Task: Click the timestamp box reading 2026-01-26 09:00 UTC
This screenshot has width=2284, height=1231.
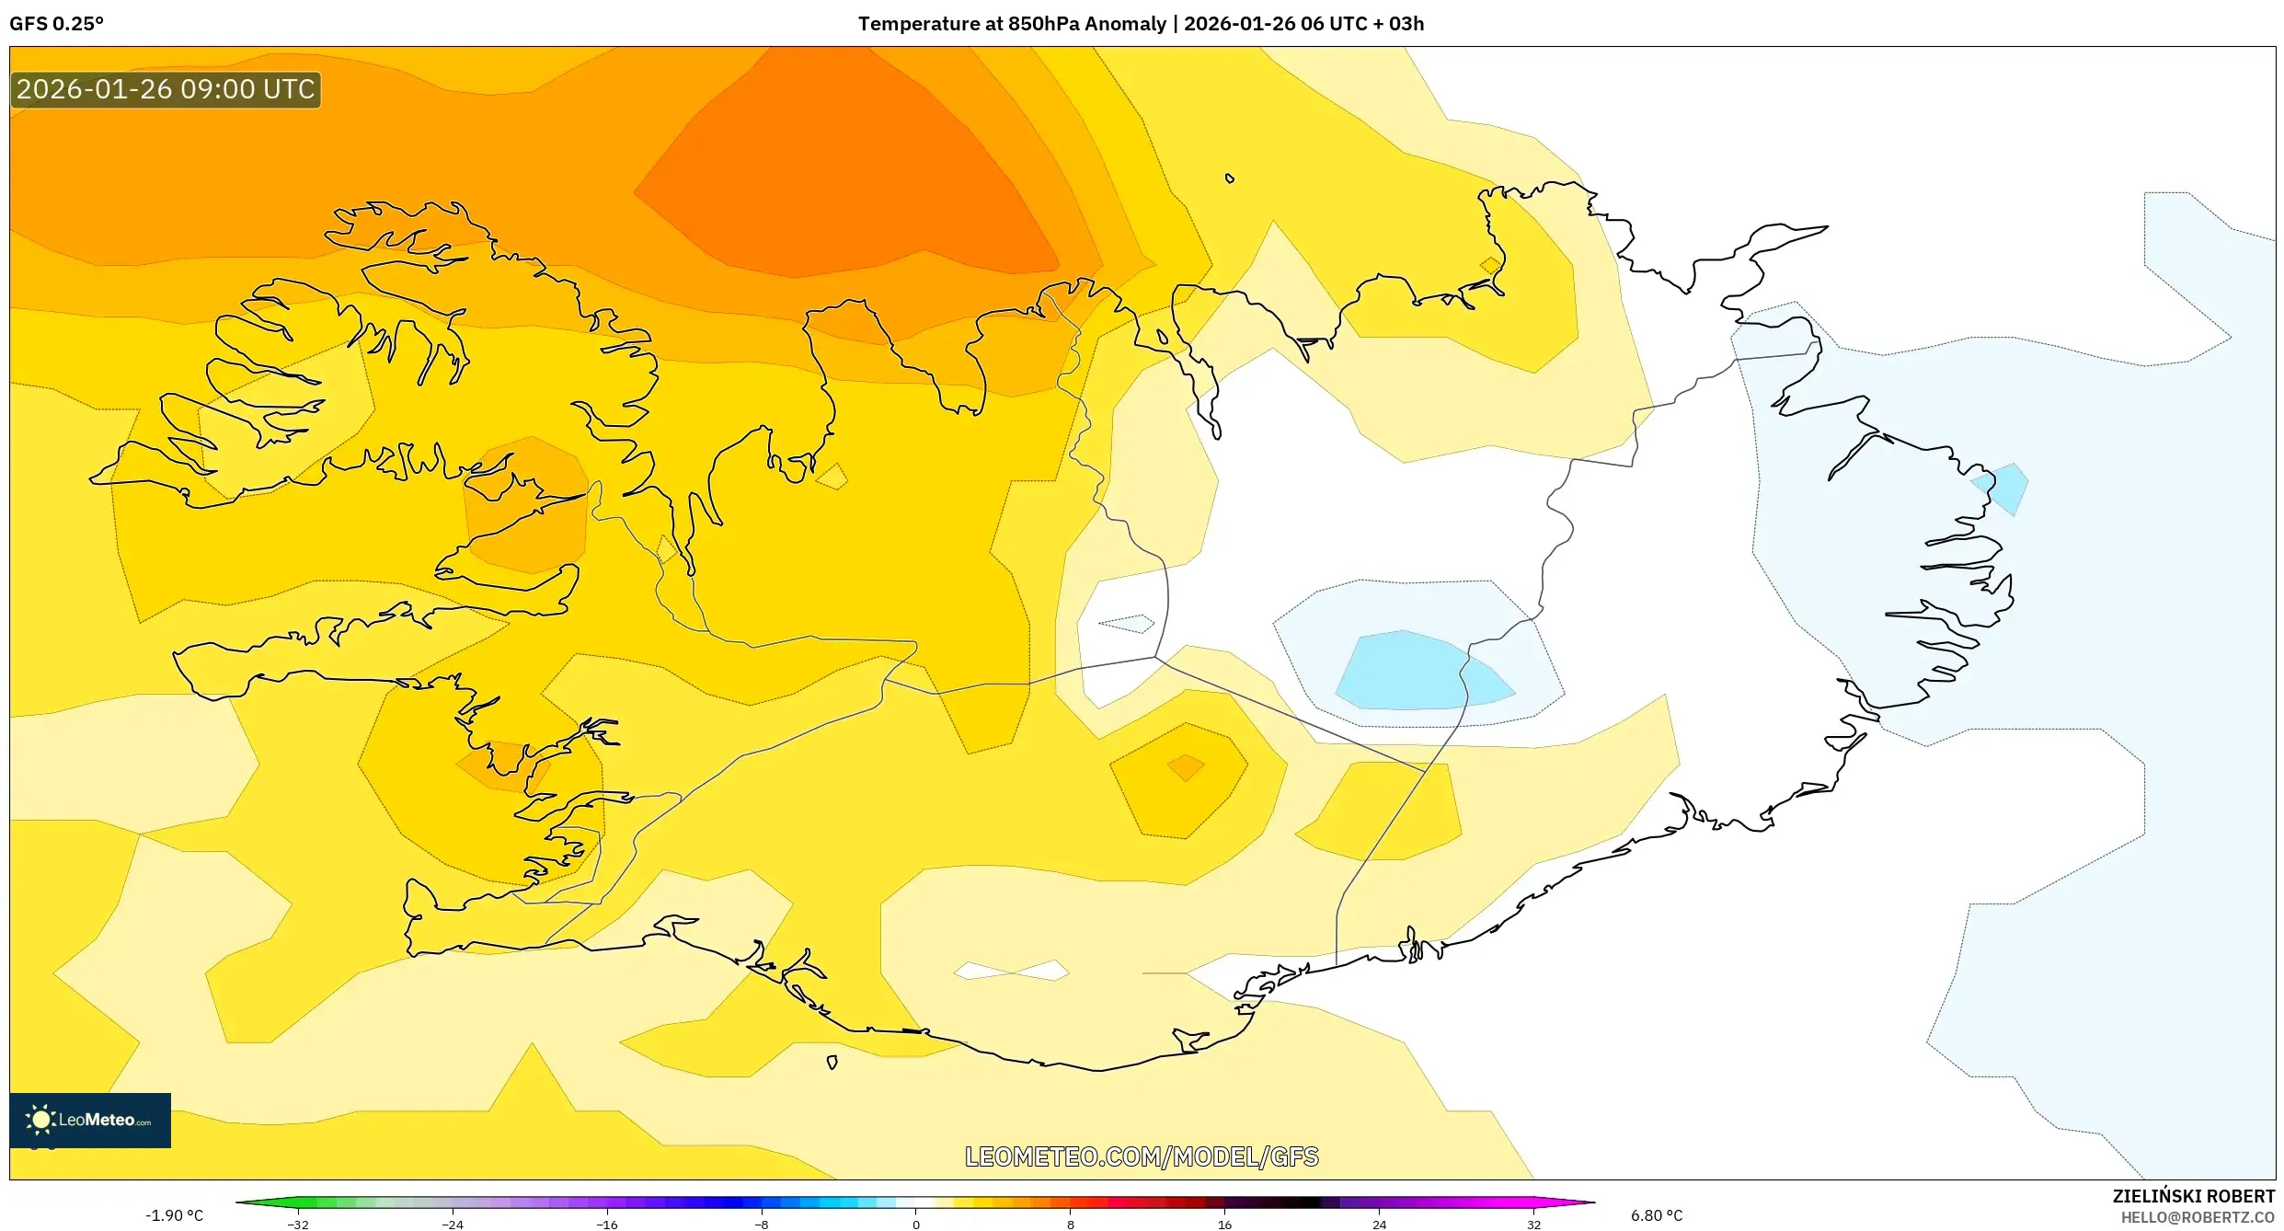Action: coord(166,89)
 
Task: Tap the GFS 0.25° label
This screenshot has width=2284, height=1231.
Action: coord(56,24)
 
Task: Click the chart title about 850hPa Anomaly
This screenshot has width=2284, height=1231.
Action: coord(1141,24)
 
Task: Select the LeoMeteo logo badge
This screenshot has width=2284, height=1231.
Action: coord(90,1120)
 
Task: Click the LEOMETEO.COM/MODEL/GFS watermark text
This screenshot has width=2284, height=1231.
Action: coord(1142,1156)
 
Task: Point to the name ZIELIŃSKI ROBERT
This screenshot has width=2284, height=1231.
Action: coord(2193,1196)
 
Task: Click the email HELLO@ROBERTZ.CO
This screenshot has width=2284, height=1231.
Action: coord(2198,1217)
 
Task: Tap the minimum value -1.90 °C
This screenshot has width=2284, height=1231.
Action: coord(174,1215)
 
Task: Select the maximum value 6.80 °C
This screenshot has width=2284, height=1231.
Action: coord(1657,1215)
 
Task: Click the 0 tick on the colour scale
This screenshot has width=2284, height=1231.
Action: coord(915,1225)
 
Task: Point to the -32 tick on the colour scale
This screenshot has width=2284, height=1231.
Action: coord(298,1225)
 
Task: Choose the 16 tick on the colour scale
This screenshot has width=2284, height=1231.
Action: coord(1224,1225)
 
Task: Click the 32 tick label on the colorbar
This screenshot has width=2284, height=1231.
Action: coord(1533,1225)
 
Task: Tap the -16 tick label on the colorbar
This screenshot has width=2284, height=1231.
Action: coord(607,1225)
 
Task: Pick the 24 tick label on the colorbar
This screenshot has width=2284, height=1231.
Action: coord(1379,1225)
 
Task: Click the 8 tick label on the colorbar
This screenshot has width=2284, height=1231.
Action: coord(1070,1225)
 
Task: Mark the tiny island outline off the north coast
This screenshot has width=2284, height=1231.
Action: coord(1230,178)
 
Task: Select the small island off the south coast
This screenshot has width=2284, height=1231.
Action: coord(832,1063)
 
